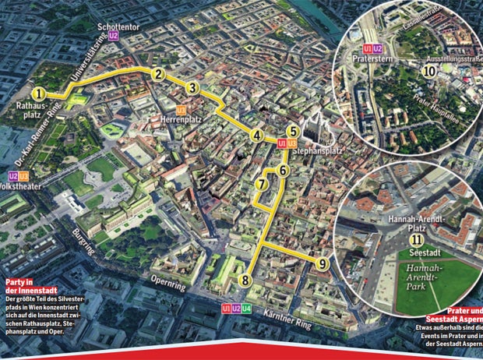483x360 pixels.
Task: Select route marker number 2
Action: tap(158, 75)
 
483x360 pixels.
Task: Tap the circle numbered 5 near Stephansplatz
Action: tap(192, 88)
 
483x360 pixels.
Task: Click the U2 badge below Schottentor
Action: tap(114, 36)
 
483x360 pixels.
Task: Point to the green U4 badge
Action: tap(247, 309)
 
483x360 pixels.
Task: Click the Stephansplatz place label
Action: tap(319, 150)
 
